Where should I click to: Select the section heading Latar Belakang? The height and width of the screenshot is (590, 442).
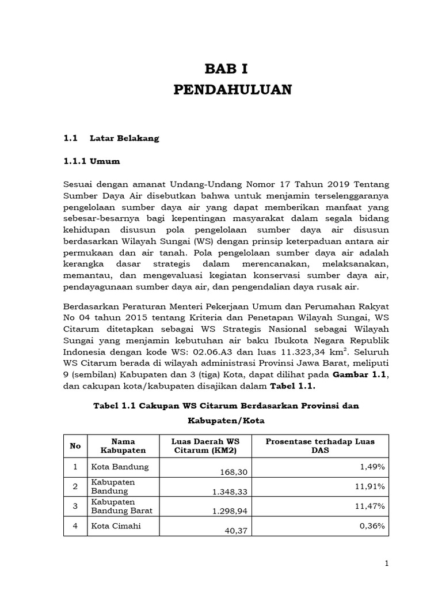coord(124,139)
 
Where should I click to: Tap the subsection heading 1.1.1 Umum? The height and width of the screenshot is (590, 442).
coord(92,161)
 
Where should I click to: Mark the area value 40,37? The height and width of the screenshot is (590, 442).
coord(236,531)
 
